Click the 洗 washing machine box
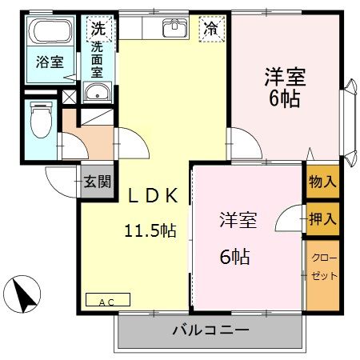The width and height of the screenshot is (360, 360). click(x=98, y=28)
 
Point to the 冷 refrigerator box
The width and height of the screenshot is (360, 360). click(x=210, y=28)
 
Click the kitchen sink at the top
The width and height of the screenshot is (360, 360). click(x=174, y=29)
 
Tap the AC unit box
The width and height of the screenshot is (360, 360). click(x=106, y=302)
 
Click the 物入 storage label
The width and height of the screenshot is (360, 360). click(x=322, y=182)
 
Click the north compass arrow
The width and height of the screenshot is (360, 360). click(x=26, y=295)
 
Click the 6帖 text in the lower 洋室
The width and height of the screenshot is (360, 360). click(x=236, y=257)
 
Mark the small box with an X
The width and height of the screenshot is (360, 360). click(x=70, y=96)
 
